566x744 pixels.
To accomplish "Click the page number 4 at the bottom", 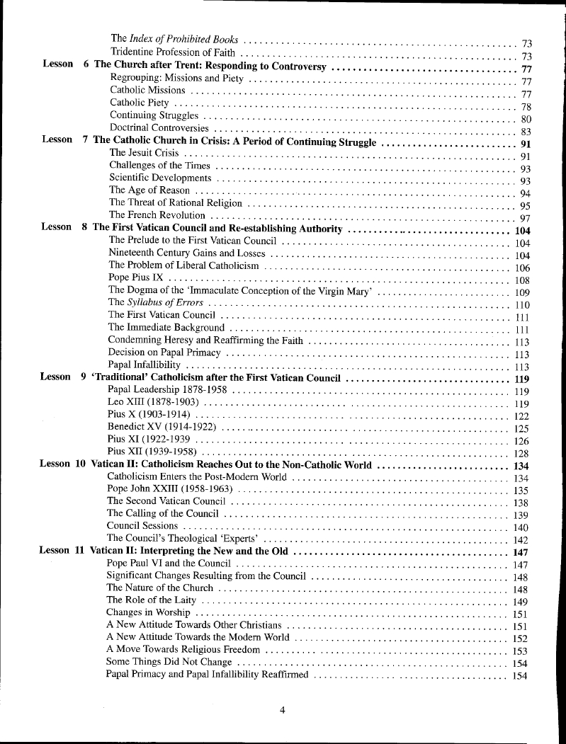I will (282, 711).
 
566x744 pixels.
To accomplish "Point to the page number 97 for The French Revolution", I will (525, 218).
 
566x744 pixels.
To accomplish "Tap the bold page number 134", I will (521, 466).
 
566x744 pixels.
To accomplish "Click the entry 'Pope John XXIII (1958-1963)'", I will (169, 489).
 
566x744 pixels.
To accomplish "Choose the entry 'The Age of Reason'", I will (149, 190).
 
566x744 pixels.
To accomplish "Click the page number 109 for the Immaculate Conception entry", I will (522, 292).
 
